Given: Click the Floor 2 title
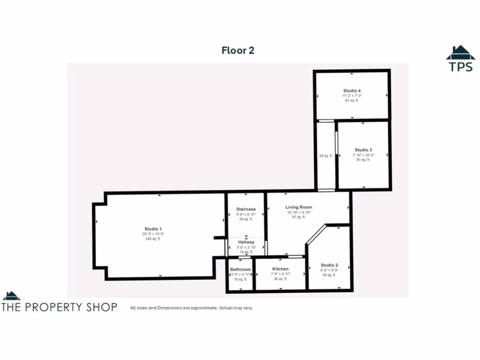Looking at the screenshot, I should [238, 51].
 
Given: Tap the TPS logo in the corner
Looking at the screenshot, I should [460, 59].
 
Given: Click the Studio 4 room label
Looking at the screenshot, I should [352, 90].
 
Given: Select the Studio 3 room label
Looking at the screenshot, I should [363, 150].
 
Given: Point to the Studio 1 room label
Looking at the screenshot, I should [153, 229].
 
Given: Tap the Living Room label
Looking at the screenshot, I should [299, 207].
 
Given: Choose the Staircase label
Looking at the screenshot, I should [246, 209].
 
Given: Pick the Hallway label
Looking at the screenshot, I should [246, 242].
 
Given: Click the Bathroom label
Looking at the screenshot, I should [240, 270].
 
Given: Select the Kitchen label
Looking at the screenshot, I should [280, 269].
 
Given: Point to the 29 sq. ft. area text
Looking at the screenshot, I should [326, 156].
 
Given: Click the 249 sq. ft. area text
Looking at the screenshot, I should [153, 239].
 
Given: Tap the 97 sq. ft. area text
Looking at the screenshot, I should [299, 217].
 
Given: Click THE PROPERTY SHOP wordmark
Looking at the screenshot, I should [60, 307].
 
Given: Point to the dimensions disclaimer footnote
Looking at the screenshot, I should [191, 308].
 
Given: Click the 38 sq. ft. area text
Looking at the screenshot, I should [280, 279].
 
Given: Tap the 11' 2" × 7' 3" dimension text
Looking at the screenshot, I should [352, 96].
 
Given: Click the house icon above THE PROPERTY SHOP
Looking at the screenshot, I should [11, 296].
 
